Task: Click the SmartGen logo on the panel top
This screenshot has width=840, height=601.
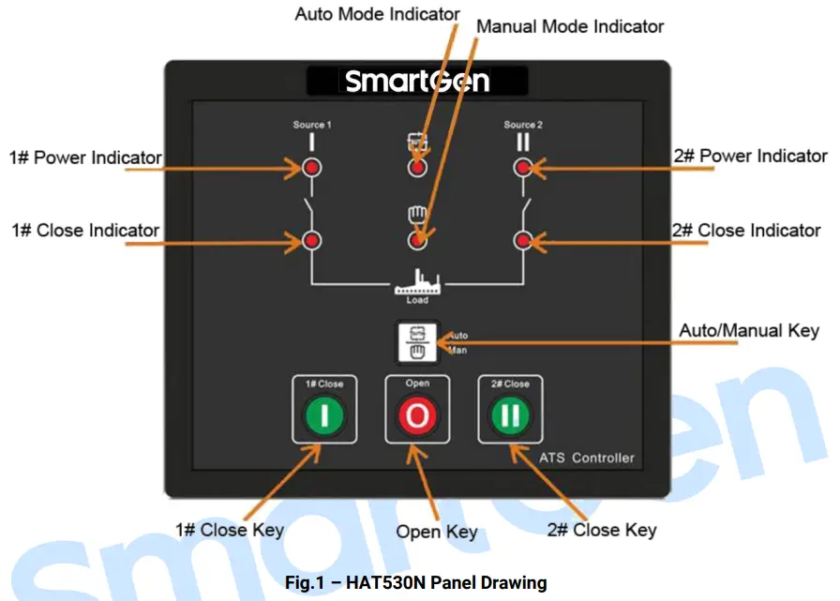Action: pyautogui.click(x=416, y=81)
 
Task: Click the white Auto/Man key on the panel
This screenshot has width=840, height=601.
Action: pyautogui.click(x=417, y=342)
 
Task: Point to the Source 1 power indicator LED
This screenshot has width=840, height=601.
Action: pyautogui.click(x=311, y=168)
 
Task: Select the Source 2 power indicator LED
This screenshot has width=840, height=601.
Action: pyautogui.click(x=523, y=168)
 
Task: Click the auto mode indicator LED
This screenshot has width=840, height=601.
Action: pyautogui.click(x=417, y=168)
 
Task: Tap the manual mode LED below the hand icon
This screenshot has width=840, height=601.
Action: pyautogui.click(x=417, y=241)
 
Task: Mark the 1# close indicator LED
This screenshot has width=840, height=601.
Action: pyautogui.click(x=311, y=241)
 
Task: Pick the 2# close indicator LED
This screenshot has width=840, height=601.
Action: pyautogui.click(x=523, y=241)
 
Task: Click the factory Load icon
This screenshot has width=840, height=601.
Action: pyautogui.click(x=417, y=283)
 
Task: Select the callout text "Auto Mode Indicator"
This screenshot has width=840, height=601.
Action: pyautogui.click(x=377, y=14)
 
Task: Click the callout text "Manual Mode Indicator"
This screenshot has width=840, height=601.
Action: pyautogui.click(x=570, y=27)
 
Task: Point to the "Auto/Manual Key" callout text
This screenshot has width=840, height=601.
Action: pyautogui.click(x=748, y=330)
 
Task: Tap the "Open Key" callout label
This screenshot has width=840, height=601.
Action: pyautogui.click(x=436, y=533)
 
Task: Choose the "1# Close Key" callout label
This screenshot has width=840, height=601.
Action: pyautogui.click(x=230, y=531)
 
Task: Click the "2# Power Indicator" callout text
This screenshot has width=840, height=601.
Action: pyautogui.click(x=751, y=157)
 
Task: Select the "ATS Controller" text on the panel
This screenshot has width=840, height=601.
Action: pyautogui.click(x=587, y=458)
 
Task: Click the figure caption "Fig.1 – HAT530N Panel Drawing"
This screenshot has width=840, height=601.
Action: pyautogui.click(x=415, y=582)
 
